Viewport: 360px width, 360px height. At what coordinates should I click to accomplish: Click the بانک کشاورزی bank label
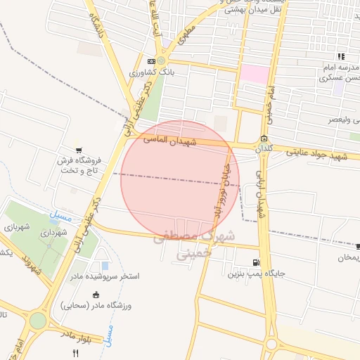tap(146, 72)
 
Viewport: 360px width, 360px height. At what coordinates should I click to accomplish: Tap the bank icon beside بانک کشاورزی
tap(153, 61)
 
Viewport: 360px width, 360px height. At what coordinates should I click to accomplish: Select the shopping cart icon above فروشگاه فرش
tap(79, 149)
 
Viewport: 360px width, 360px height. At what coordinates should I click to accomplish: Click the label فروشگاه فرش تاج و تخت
tap(80, 165)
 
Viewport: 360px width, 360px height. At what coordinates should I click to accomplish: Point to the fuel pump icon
tap(264, 262)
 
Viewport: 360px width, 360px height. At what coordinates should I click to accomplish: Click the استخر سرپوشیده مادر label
tap(105, 276)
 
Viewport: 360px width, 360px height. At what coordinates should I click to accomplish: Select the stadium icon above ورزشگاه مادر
tap(96, 295)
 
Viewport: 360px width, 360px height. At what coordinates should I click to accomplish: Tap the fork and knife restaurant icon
tap(75, 352)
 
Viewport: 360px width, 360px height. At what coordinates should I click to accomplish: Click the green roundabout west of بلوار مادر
tap(38, 321)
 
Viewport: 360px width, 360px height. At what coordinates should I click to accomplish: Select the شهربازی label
tap(15, 226)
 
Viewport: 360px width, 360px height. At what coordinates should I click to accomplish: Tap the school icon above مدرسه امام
tap(341, 56)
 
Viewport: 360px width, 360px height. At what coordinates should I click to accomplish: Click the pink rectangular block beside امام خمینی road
tap(255, 75)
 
